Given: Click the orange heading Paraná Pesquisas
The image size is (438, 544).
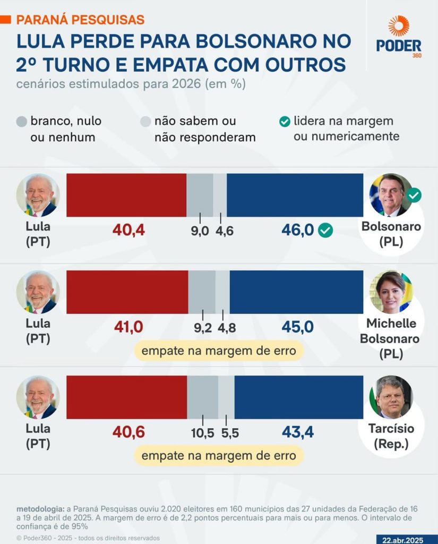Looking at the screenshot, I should point(80,20).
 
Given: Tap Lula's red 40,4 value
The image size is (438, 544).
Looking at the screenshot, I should point(128,230).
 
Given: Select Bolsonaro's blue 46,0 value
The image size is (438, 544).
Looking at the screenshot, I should point(298,230).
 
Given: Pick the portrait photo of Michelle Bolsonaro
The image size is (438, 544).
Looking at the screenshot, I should point(391,292).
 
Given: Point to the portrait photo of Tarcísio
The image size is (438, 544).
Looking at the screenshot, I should point(391,397).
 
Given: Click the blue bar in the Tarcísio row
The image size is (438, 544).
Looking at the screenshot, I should point(298,397).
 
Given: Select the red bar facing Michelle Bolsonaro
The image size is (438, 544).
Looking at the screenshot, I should point(127,292).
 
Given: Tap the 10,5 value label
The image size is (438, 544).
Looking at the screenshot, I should point(202,433).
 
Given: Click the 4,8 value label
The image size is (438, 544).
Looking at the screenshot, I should point(226,328).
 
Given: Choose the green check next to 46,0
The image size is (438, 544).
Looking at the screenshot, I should point(325,231).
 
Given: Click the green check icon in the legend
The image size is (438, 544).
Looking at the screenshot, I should point(285,122).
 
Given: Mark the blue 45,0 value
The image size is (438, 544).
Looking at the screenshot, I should point(297,327).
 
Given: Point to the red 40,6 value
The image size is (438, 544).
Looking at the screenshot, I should point(128,432).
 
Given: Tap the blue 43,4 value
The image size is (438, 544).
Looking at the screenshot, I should point(297,432).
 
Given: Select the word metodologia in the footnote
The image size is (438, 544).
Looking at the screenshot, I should point(40,508).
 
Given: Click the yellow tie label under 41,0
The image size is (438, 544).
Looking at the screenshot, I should point(218,350).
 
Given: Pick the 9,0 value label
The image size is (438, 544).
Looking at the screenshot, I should point(200,231).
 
